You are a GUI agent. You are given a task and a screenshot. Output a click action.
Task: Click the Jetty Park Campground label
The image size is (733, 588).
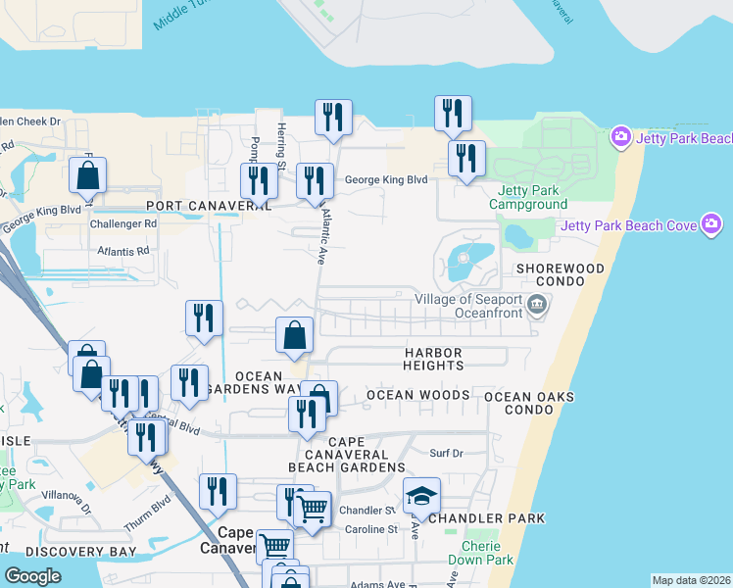coord(532,197)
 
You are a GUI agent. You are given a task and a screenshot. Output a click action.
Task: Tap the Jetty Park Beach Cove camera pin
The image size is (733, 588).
coord(712,226)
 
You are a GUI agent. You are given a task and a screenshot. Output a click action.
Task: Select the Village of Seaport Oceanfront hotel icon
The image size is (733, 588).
coord(536,305)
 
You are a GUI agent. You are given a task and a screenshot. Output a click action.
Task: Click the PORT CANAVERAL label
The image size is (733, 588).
coord(208,206)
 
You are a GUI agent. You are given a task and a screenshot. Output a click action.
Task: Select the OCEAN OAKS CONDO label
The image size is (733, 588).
coord(529,403)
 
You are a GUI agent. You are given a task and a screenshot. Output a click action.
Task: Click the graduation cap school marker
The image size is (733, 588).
coord(421,495)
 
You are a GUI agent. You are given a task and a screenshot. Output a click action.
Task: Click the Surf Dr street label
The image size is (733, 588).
coord(445,453)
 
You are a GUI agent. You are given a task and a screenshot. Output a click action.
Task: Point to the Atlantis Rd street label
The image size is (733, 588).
coord(122,251)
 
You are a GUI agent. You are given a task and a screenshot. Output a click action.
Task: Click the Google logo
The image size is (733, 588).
coord(32,575)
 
